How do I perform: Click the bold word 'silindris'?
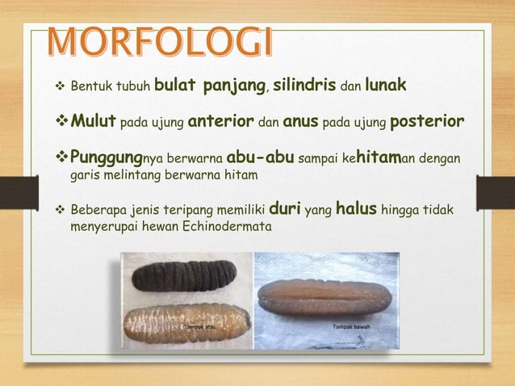pos(301,86)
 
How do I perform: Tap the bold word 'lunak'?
pos(391,86)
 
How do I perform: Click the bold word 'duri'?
pos(284,210)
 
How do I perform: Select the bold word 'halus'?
pos(356,210)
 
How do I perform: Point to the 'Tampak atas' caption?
pos(201,327)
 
